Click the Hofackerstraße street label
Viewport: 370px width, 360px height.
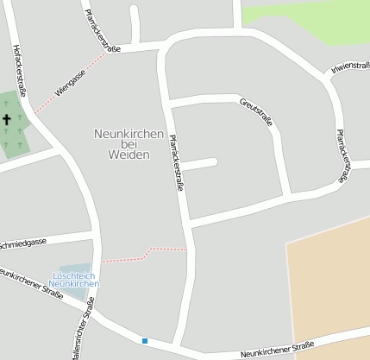tap(20, 71)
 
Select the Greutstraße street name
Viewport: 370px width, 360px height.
tap(256, 113)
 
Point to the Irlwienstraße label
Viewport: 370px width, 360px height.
tap(350, 69)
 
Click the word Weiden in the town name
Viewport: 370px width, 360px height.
tap(129, 155)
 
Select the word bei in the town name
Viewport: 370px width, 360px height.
tap(129, 143)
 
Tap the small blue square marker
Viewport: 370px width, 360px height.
tap(145, 341)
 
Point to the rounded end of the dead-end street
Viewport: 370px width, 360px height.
tap(212, 161)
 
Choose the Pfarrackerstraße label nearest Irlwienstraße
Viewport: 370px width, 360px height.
tap(343, 156)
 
